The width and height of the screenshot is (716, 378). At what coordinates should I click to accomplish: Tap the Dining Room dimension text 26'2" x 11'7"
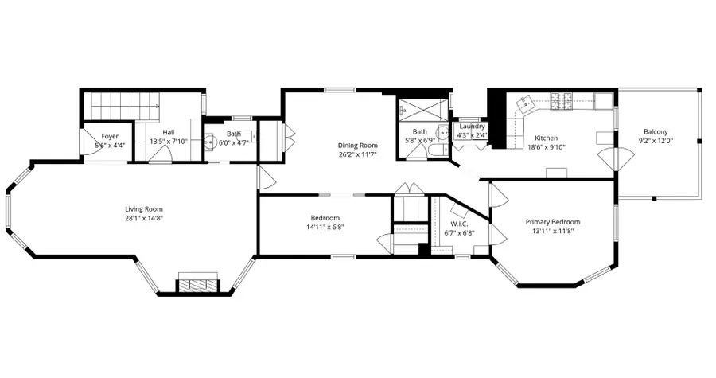357,155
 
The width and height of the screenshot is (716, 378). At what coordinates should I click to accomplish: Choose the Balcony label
656,131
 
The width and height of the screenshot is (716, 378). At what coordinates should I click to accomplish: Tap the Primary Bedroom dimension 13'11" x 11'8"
552,232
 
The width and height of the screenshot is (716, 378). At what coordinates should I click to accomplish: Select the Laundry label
473,126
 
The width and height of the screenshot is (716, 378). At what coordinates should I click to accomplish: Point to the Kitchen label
546,136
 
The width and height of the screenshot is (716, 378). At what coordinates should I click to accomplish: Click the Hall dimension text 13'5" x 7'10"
168,142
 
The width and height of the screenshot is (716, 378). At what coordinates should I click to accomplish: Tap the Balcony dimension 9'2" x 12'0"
656,141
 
